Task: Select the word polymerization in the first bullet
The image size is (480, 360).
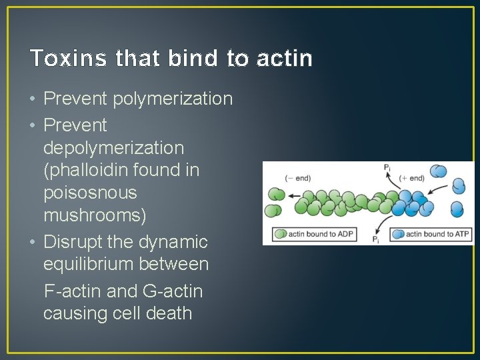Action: pyautogui.click(x=173, y=99)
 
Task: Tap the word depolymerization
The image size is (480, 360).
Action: pyautogui.click(x=113, y=147)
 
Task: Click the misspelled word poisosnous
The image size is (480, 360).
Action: pyautogui.click(x=90, y=193)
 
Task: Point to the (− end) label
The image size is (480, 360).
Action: pyautogui.click(x=297, y=178)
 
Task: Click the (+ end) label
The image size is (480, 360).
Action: pyautogui.click(x=412, y=178)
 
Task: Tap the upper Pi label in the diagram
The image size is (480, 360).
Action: pyautogui.click(x=387, y=169)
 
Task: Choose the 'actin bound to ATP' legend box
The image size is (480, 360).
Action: pyautogui.click(x=430, y=234)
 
